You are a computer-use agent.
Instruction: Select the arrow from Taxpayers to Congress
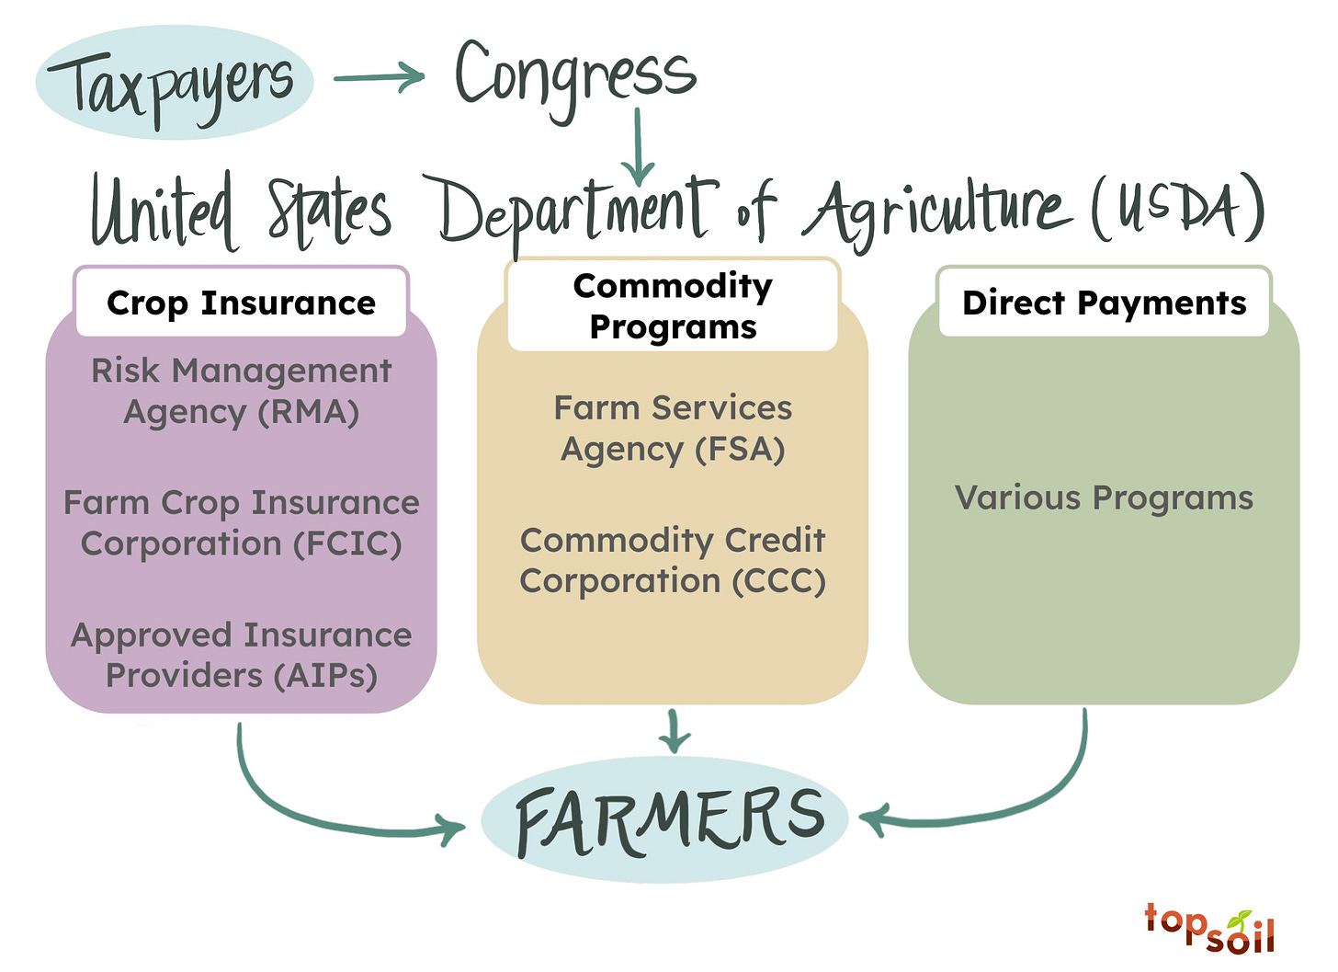tap(378, 78)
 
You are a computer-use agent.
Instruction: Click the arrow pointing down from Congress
tap(638, 147)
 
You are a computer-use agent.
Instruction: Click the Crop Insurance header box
tap(241, 303)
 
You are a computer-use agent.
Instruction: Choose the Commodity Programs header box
tap(673, 305)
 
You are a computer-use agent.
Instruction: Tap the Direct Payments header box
tap(1104, 303)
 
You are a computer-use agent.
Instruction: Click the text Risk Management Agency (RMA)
tap(241, 391)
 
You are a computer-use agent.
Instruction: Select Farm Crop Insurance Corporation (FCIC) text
tap(241, 522)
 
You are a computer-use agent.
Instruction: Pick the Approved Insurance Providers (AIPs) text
tap(241, 655)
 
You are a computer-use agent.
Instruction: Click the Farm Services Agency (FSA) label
tap(673, 428)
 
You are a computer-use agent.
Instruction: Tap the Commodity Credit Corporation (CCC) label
tap(673, 560)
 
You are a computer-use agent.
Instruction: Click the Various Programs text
tap(1104, 497)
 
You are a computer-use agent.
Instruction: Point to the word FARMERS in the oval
tap(669, 818)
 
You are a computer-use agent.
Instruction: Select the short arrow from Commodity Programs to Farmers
tap(675, 731)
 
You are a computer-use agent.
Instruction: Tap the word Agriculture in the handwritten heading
tap(937, 210)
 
